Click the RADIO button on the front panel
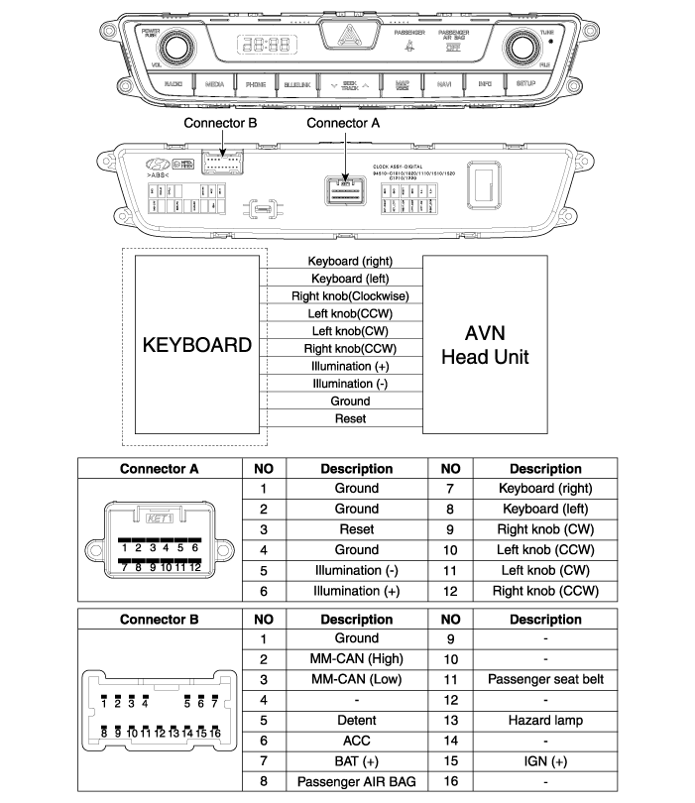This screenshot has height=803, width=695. point(173,85)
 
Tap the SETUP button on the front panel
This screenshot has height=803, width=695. point(525,84)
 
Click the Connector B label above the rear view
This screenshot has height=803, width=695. point(220,123)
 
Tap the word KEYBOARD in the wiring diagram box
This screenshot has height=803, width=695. point(197,346)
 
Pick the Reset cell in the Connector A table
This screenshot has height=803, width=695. point(356,528)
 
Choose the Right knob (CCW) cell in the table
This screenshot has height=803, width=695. point(545,591)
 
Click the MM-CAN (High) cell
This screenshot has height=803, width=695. point(356,658)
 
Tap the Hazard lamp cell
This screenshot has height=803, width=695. point(545,720)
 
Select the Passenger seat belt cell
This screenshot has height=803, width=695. point(545,679)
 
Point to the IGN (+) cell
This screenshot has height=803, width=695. point(545,760)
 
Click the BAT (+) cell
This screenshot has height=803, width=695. point(356,760)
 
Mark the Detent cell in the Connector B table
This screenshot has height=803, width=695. point(356,720)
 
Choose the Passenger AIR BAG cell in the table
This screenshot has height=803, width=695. point(356,781)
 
